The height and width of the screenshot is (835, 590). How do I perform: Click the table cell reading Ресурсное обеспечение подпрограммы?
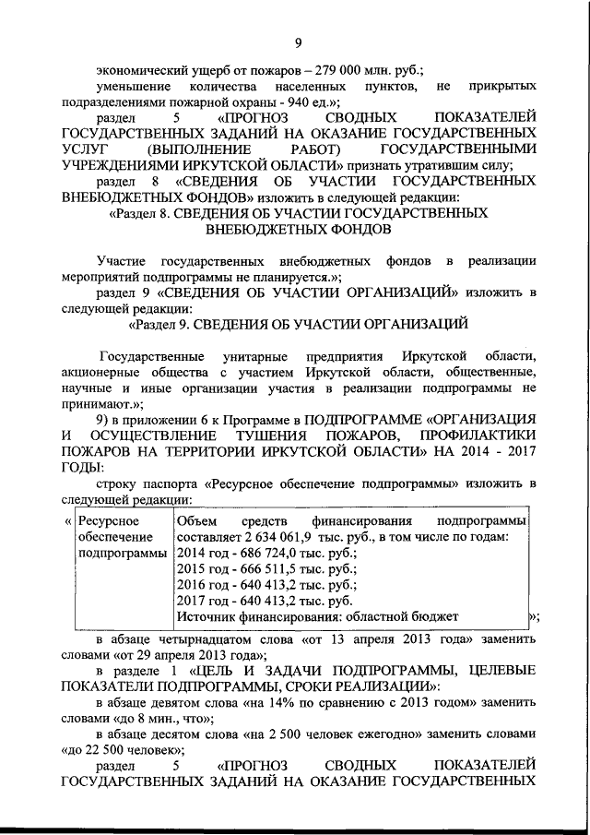(x=115, y=538)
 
